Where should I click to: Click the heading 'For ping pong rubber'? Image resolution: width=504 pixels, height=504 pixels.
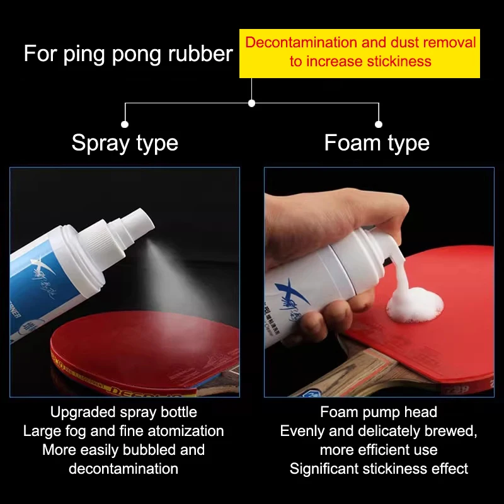click(128, 54)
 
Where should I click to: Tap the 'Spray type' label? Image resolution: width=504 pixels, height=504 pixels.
click(125, 142)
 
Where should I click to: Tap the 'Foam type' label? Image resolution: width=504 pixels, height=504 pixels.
click(377, 142)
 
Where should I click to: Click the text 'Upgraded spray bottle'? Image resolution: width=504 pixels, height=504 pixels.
click(123, 412)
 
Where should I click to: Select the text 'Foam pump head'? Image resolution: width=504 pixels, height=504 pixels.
click(378, 412)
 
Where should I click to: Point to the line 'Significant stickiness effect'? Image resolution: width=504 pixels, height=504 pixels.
click(378, 469)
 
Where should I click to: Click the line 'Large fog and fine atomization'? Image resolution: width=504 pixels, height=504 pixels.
click(123, 431)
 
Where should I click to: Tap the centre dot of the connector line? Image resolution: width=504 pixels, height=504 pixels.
click(251, 103)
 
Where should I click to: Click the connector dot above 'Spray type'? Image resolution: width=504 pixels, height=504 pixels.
click(125, 125)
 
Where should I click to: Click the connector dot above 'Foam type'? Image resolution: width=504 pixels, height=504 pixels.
click(379, 125)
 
